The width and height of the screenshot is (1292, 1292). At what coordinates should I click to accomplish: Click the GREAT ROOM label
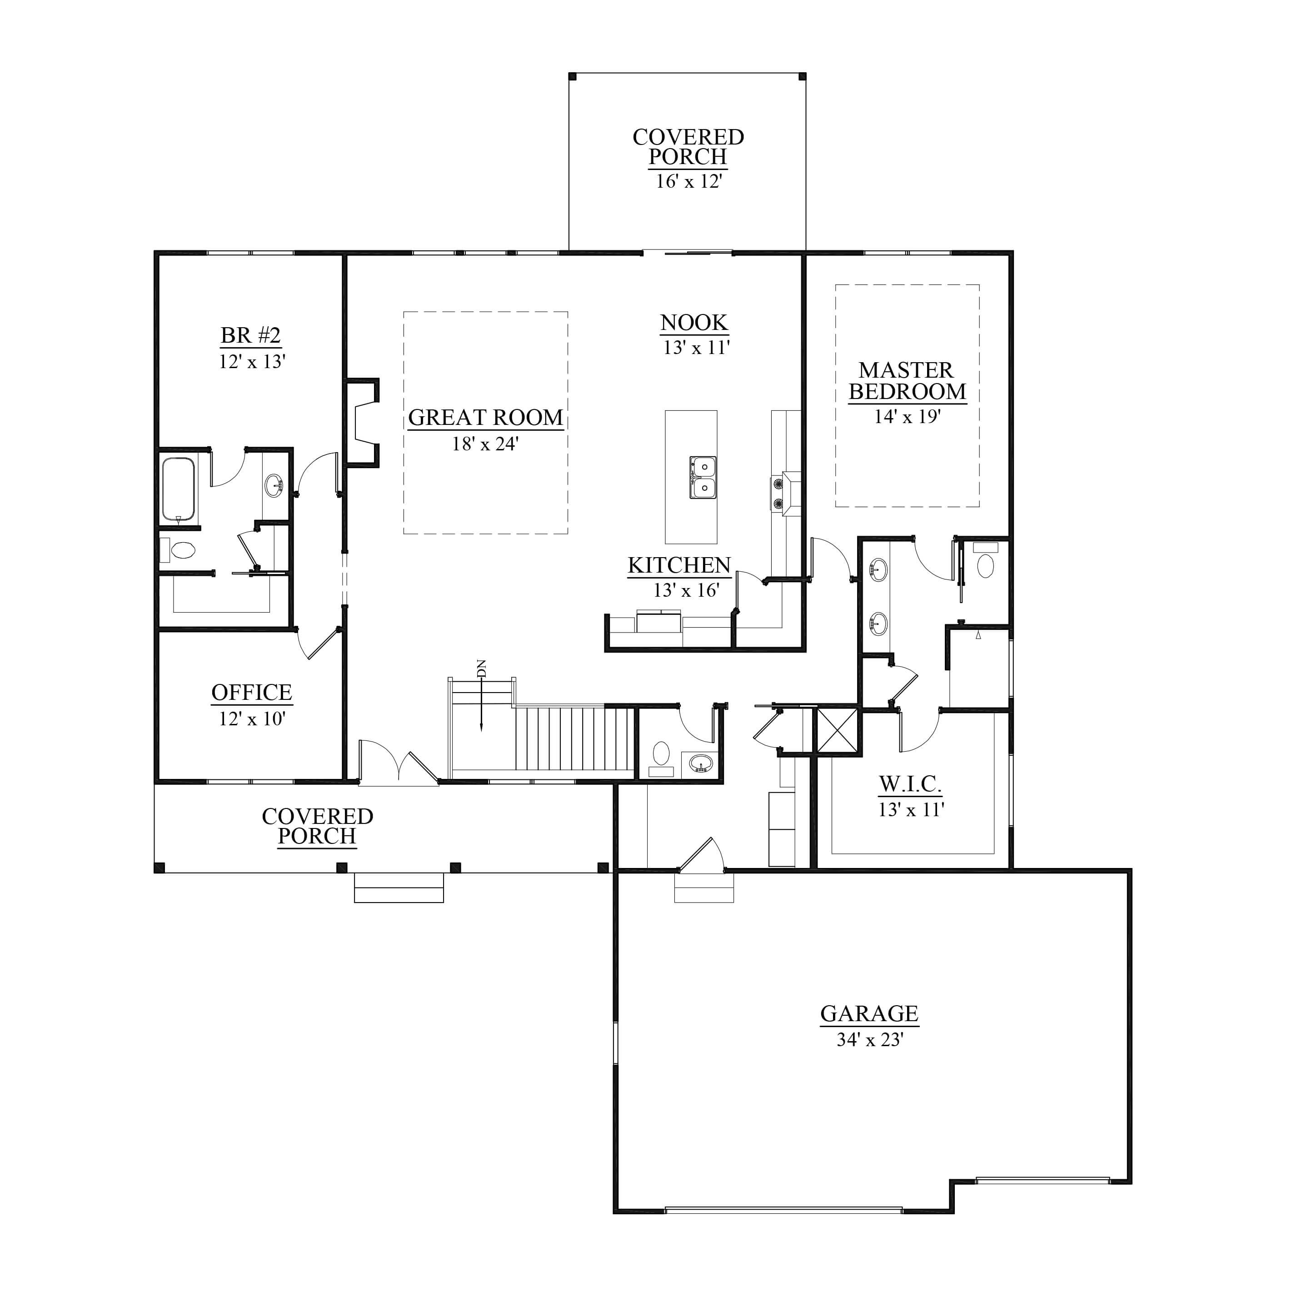(485, 417)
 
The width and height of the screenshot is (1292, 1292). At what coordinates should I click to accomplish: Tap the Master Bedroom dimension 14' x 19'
(908, 417)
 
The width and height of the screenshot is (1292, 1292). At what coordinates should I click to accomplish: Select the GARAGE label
(869, 1014)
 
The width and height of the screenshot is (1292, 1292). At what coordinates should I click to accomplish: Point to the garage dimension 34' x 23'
(869, 1040)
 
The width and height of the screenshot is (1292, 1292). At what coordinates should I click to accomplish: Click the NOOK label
(693, 322)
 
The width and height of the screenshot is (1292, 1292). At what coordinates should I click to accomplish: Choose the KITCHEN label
(679, 565)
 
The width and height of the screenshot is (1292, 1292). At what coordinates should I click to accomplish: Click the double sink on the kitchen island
(703, 478)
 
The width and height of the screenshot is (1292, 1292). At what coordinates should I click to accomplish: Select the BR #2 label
(251, 335)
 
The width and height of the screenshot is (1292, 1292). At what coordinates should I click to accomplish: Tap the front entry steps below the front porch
(399, 888)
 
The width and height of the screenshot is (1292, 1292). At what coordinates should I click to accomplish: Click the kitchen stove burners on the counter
(778, 493)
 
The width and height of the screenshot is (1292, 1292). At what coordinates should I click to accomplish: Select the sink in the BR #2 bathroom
(274, 485)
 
